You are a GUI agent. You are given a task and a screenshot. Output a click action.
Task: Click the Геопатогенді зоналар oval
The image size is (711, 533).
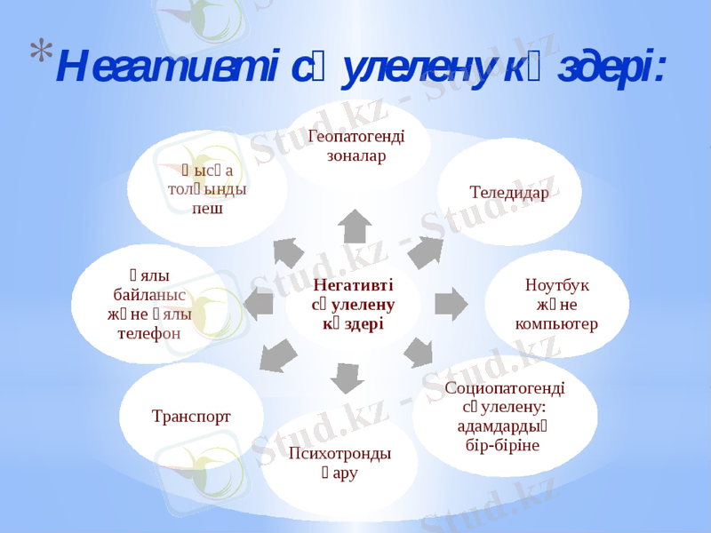point(355,146)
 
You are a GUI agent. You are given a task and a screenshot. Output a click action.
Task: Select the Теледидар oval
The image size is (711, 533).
point(509,192)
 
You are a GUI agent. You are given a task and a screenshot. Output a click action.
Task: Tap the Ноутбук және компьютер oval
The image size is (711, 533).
point(556,304)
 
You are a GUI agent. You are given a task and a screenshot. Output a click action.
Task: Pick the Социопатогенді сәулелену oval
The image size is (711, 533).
point(504,415)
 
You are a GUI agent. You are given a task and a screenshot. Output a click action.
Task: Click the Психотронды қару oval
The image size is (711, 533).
point(340,462)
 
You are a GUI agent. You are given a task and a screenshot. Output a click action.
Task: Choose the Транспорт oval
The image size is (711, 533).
point(191,416)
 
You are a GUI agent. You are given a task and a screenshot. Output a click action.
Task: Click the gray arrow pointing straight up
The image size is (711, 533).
point(355,227)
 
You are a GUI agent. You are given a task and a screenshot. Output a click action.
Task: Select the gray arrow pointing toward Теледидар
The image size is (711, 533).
point(425,252)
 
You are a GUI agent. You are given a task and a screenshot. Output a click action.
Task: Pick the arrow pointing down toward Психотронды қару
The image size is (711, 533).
point(347,378)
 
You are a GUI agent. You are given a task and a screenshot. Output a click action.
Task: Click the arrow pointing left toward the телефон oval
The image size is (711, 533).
point(259,305)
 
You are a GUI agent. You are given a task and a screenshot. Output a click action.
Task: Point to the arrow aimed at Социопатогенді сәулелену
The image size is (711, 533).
point(419,353)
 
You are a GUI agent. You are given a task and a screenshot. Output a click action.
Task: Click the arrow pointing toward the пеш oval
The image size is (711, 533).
point(288,252)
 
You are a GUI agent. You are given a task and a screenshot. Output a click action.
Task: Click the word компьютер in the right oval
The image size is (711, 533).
point(556,322)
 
